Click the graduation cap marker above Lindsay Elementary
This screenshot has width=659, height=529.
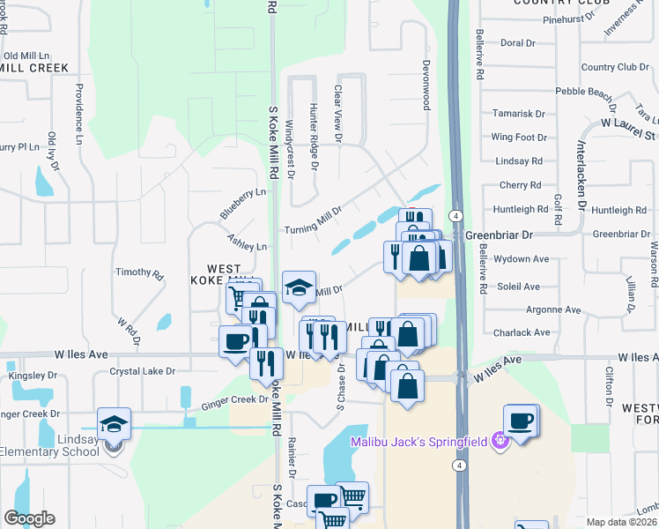pos(114,425)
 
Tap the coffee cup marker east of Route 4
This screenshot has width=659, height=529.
pos(521,421)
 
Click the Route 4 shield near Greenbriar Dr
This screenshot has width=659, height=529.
pos(455,216)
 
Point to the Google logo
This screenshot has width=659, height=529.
pos(29,518)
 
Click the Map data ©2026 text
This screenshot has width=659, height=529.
pos(622,522)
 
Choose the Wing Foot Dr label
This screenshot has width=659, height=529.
pos(519,138)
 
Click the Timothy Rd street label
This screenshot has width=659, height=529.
pos(139,274)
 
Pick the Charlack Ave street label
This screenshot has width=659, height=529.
pos(522,333)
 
